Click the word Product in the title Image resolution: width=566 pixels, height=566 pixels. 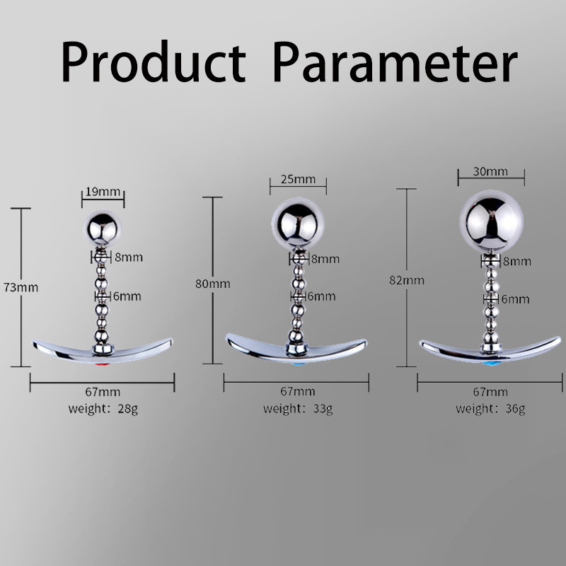(x=154, y=62)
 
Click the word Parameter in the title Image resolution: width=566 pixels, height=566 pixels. (x=395, y=62)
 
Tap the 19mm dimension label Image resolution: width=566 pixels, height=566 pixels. (x=103, y=192)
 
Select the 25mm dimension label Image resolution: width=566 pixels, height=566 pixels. (x=298, y=179)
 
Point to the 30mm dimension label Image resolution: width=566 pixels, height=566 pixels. (x=490, y=171)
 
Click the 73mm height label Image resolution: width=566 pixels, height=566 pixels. (x=21, y=288)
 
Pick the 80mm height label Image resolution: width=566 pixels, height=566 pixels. (x=213, y=284)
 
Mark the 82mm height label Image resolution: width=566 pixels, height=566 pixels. (x=407, y=280)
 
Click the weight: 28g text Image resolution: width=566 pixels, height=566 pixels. (x=103, y=409)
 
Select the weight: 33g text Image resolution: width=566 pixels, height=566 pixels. (x=298, y=409)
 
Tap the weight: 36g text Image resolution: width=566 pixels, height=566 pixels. (x=490, y=409)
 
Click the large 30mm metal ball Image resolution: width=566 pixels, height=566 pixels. (x=491, y=221)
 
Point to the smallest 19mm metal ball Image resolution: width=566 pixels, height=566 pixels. (x=103, y=229)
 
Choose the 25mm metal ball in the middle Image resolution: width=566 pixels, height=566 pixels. (x=298, y=224)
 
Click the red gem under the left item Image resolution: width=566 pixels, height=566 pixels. (x=102, y=364)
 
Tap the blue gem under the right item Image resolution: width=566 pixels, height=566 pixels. (x=491, y=363)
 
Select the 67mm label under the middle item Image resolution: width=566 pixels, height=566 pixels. (x=298, y=391)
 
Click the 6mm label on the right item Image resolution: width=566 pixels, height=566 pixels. (x=516, y=299)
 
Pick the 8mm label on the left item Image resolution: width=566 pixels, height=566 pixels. (x=129, y=258)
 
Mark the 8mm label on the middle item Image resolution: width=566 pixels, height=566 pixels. (x=325, y=259)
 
